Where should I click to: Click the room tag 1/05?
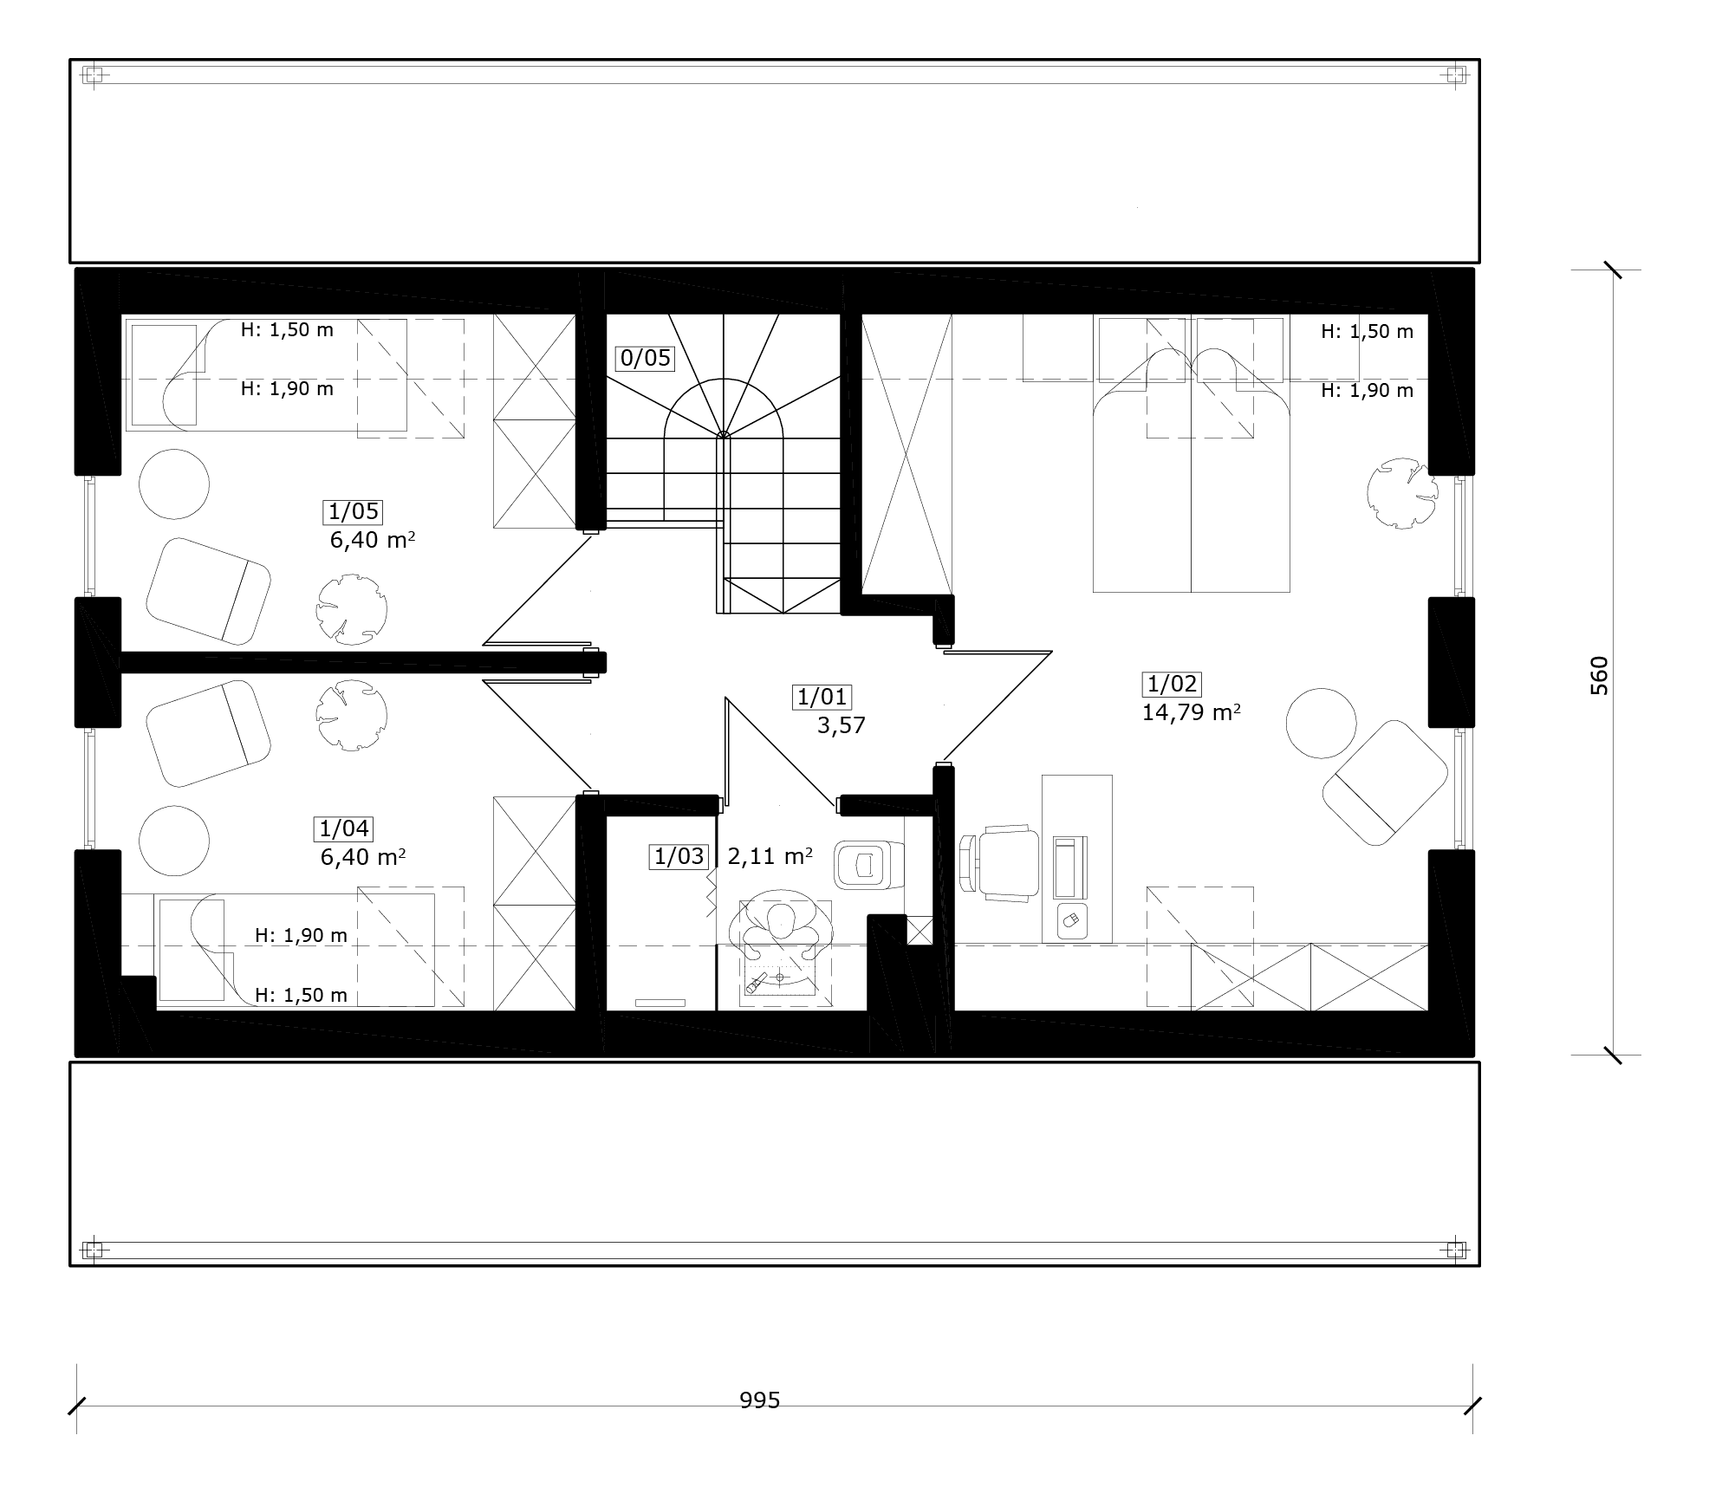click(x=354, y=511)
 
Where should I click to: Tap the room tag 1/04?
click(x=344, y=828)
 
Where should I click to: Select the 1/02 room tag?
click(x=1172, y=684)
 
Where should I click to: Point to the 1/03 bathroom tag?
click(x=679, y=857)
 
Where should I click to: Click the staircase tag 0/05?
click(x=646, y=358)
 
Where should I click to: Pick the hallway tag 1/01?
click(x=822, y=696)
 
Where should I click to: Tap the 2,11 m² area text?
click(x=770, y=857)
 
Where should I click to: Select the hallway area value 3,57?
click(x=841, y=726)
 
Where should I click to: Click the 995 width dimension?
click(x=760, y=1401)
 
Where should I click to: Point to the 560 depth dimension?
click(x=1600, y=676)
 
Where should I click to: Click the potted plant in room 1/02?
click(x=1402, y=493)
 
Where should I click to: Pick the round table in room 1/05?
click(x=174, y=484)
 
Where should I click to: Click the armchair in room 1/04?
click(x=208, y=733)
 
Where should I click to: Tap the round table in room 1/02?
click(x=1322, y=723)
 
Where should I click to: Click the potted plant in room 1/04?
click(x=351, y=715)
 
